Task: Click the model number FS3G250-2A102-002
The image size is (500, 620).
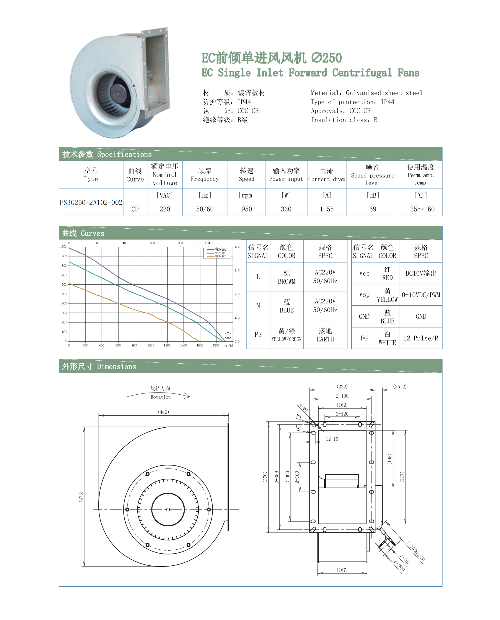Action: click(x=91, y=202)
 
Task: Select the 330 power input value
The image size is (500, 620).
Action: click(x=286, y=209)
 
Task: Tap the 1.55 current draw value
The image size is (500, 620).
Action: click(x=327, y=209)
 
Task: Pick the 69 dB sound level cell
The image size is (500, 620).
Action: click(x=373, y=209)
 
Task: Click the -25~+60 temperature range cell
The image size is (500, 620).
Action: click(x=421, y=209)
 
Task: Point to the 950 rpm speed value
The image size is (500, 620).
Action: click(x=247, y=209)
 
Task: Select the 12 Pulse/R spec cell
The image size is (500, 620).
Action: click(x=421, y=338)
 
